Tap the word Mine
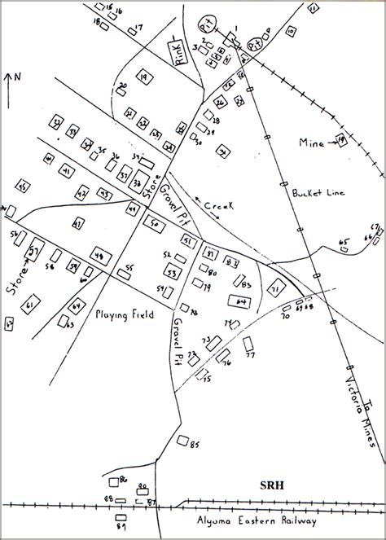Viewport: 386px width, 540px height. [310, 143]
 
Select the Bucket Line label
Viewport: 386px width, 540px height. [314, 193]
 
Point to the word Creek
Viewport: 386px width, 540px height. [219, 207]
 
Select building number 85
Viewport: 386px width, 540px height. [182, 441]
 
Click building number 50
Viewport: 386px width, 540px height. [153, 222]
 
